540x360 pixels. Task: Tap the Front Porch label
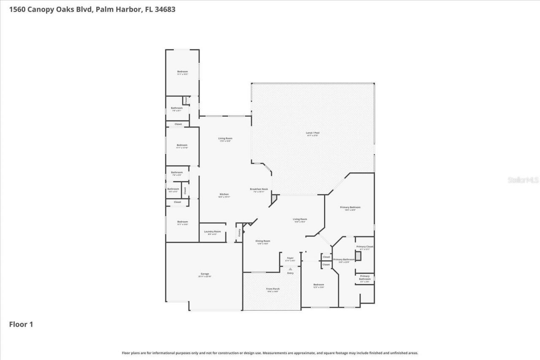point(273,290)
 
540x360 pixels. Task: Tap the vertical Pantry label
point(239,232)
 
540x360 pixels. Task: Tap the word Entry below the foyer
point(290,273)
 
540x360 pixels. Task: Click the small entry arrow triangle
point(290,269)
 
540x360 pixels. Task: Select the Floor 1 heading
point(21,325)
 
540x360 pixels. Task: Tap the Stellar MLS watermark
point(523,180)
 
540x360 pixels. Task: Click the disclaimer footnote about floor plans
point(270,353)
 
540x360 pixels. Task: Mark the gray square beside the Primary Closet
point(358,256)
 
